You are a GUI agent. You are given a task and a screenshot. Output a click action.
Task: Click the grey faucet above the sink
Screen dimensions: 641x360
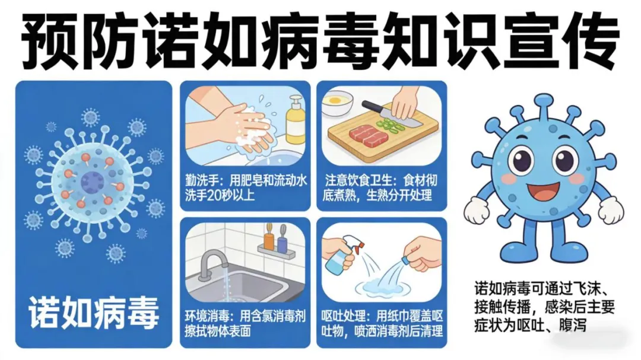pyautogui.click(x=212, y=263)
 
